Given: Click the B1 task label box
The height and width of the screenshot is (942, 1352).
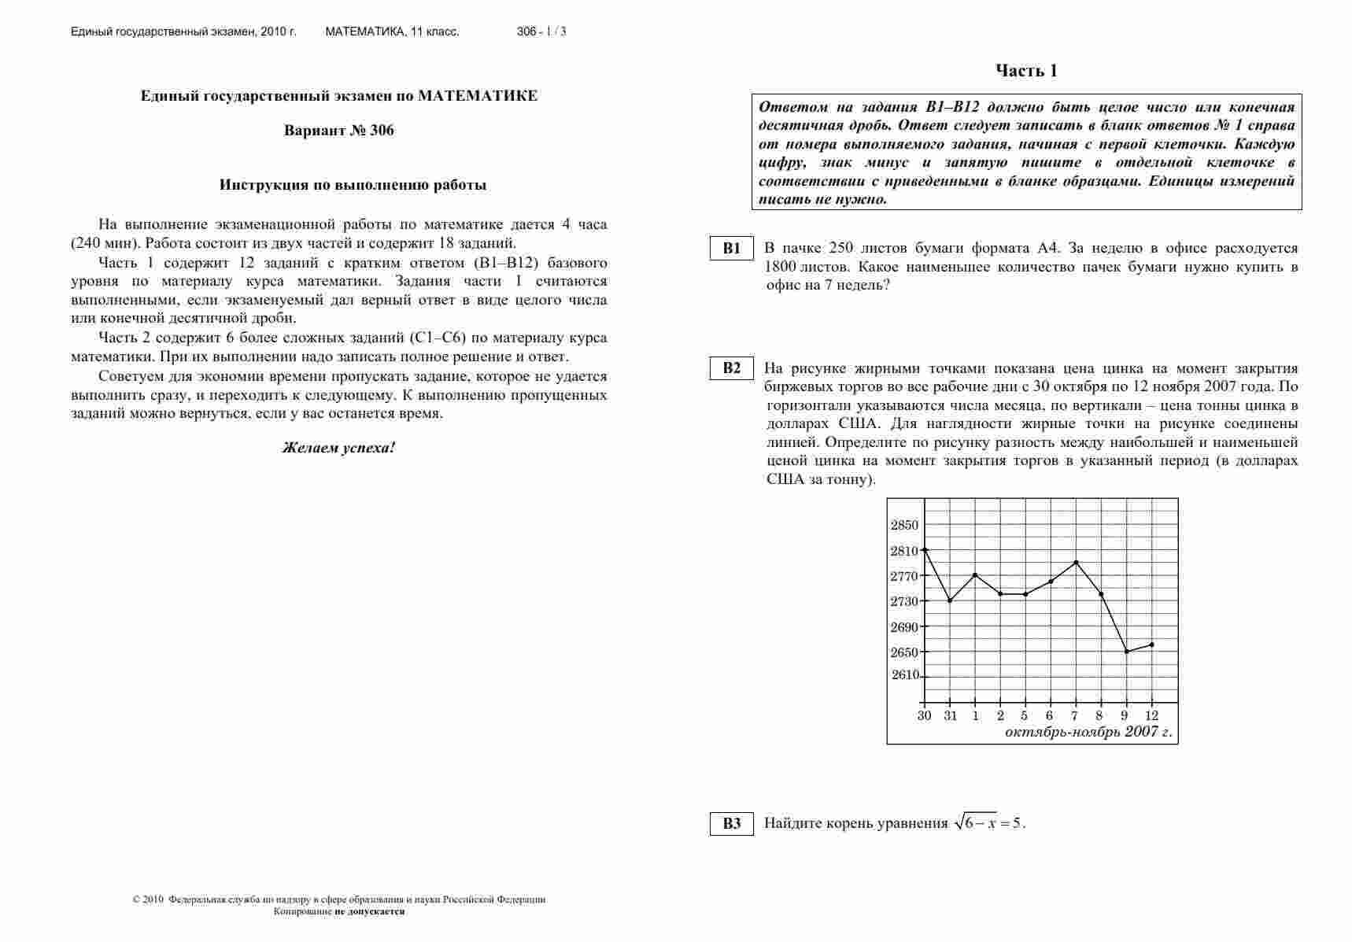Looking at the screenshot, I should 732,249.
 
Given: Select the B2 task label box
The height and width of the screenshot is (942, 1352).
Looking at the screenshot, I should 732,368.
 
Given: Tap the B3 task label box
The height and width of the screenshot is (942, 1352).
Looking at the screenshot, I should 732,824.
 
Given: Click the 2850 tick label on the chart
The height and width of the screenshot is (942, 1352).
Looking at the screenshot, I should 904,526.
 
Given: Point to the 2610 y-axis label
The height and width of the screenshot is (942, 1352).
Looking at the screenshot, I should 905,675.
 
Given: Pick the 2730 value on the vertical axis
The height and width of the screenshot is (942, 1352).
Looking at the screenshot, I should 904,602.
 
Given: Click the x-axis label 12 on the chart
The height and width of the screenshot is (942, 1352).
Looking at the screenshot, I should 1151,716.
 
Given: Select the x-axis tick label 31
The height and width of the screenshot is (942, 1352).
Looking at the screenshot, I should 950,716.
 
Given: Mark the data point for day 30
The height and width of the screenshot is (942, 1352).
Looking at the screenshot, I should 925,549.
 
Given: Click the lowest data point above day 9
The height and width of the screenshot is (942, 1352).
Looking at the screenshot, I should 1126,652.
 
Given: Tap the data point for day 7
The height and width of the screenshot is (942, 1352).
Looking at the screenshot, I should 1076,562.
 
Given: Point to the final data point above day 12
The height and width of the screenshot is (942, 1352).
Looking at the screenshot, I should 1151,645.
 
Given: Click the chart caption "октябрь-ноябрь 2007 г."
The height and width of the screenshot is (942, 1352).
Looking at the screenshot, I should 1088,733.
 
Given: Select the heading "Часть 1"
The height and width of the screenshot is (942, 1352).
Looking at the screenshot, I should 1026,72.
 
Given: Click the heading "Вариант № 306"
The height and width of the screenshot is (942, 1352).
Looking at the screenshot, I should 338,131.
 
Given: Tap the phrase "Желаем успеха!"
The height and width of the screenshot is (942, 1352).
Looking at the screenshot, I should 338,448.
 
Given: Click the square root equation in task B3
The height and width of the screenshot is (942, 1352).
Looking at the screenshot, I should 989,823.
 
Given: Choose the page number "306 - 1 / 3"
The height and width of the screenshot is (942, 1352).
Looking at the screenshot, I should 541,32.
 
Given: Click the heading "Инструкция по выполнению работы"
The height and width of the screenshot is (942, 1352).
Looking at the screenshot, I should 353,186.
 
